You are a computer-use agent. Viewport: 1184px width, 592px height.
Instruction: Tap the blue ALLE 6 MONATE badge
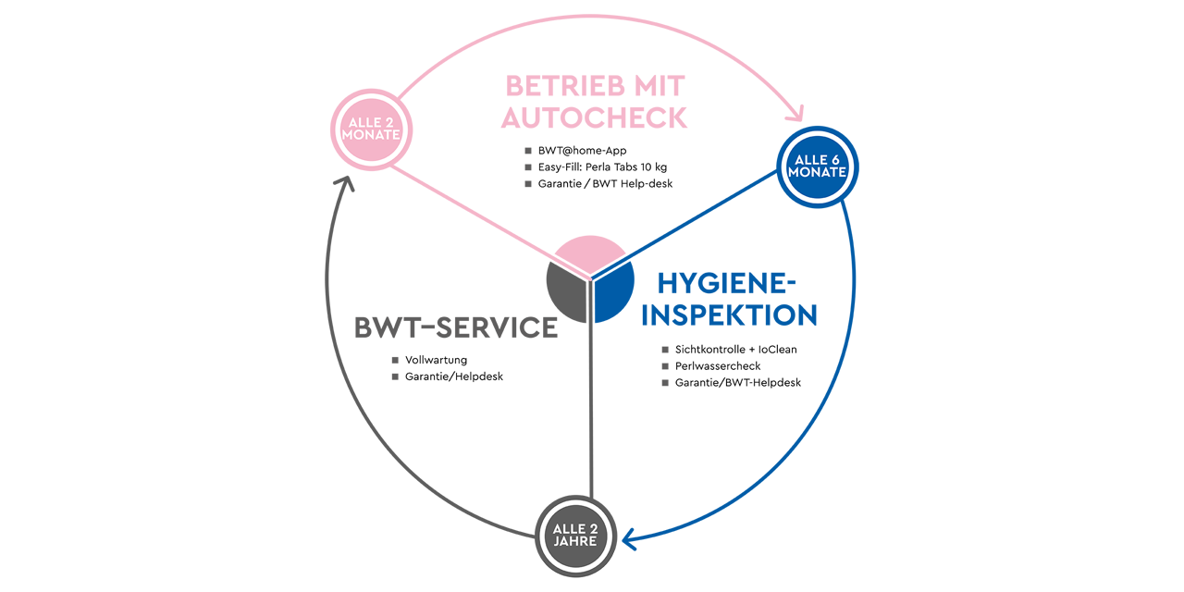click(x=818, y=166)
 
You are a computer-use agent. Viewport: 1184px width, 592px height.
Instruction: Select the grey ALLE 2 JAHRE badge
click(x=575, y=535)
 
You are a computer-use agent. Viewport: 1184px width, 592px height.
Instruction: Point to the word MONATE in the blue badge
click(x=818, y=173)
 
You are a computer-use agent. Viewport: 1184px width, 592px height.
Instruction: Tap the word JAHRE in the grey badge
click(x=575, y=541)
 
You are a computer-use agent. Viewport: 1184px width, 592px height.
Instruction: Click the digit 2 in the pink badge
click(x=391, y=121)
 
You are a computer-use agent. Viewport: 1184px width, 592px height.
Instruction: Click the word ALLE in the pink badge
click(x=363, y=121)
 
